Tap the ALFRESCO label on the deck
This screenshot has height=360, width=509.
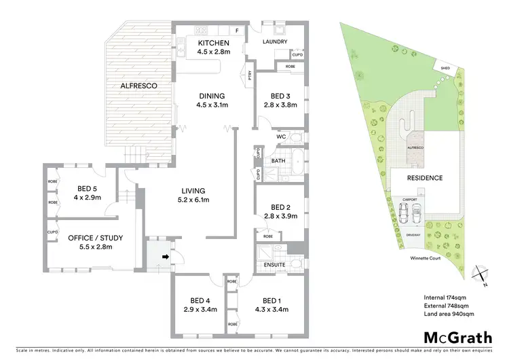click(140, 86)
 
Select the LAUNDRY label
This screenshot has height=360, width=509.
click(275, 41)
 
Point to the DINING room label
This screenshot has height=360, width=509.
click(210, 96)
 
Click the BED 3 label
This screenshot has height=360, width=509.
click(280, 96)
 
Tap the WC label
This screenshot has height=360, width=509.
click(281, 137)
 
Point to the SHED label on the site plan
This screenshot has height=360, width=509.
click(445, 69)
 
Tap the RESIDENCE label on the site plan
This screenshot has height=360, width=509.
click(425, 178)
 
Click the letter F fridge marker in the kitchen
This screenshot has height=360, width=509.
click(237, 30)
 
